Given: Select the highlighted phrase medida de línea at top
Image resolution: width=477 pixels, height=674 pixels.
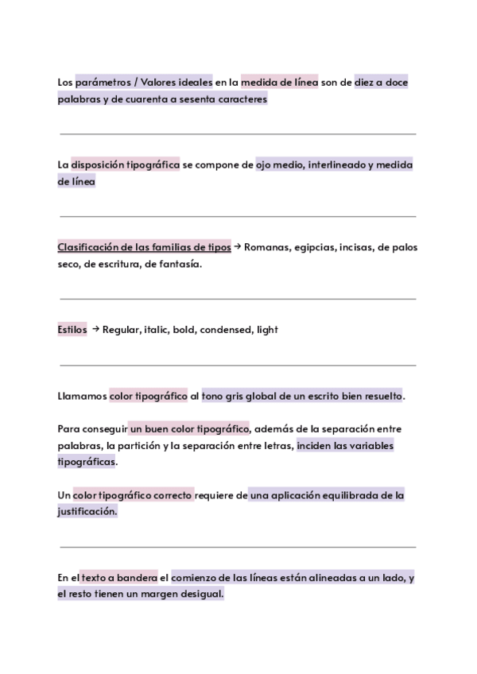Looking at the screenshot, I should (279, 82).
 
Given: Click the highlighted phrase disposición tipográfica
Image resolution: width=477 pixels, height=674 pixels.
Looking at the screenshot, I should (125, 165).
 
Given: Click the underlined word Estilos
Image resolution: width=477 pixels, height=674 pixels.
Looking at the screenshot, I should (72, 330).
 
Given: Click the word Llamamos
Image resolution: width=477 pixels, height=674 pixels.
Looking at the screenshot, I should (82, 396).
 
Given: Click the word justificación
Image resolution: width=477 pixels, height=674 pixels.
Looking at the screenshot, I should (87, 513).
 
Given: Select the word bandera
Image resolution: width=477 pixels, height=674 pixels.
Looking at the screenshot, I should (139, 578).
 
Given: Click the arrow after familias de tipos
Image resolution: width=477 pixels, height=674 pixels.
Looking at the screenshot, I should (238, 247).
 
